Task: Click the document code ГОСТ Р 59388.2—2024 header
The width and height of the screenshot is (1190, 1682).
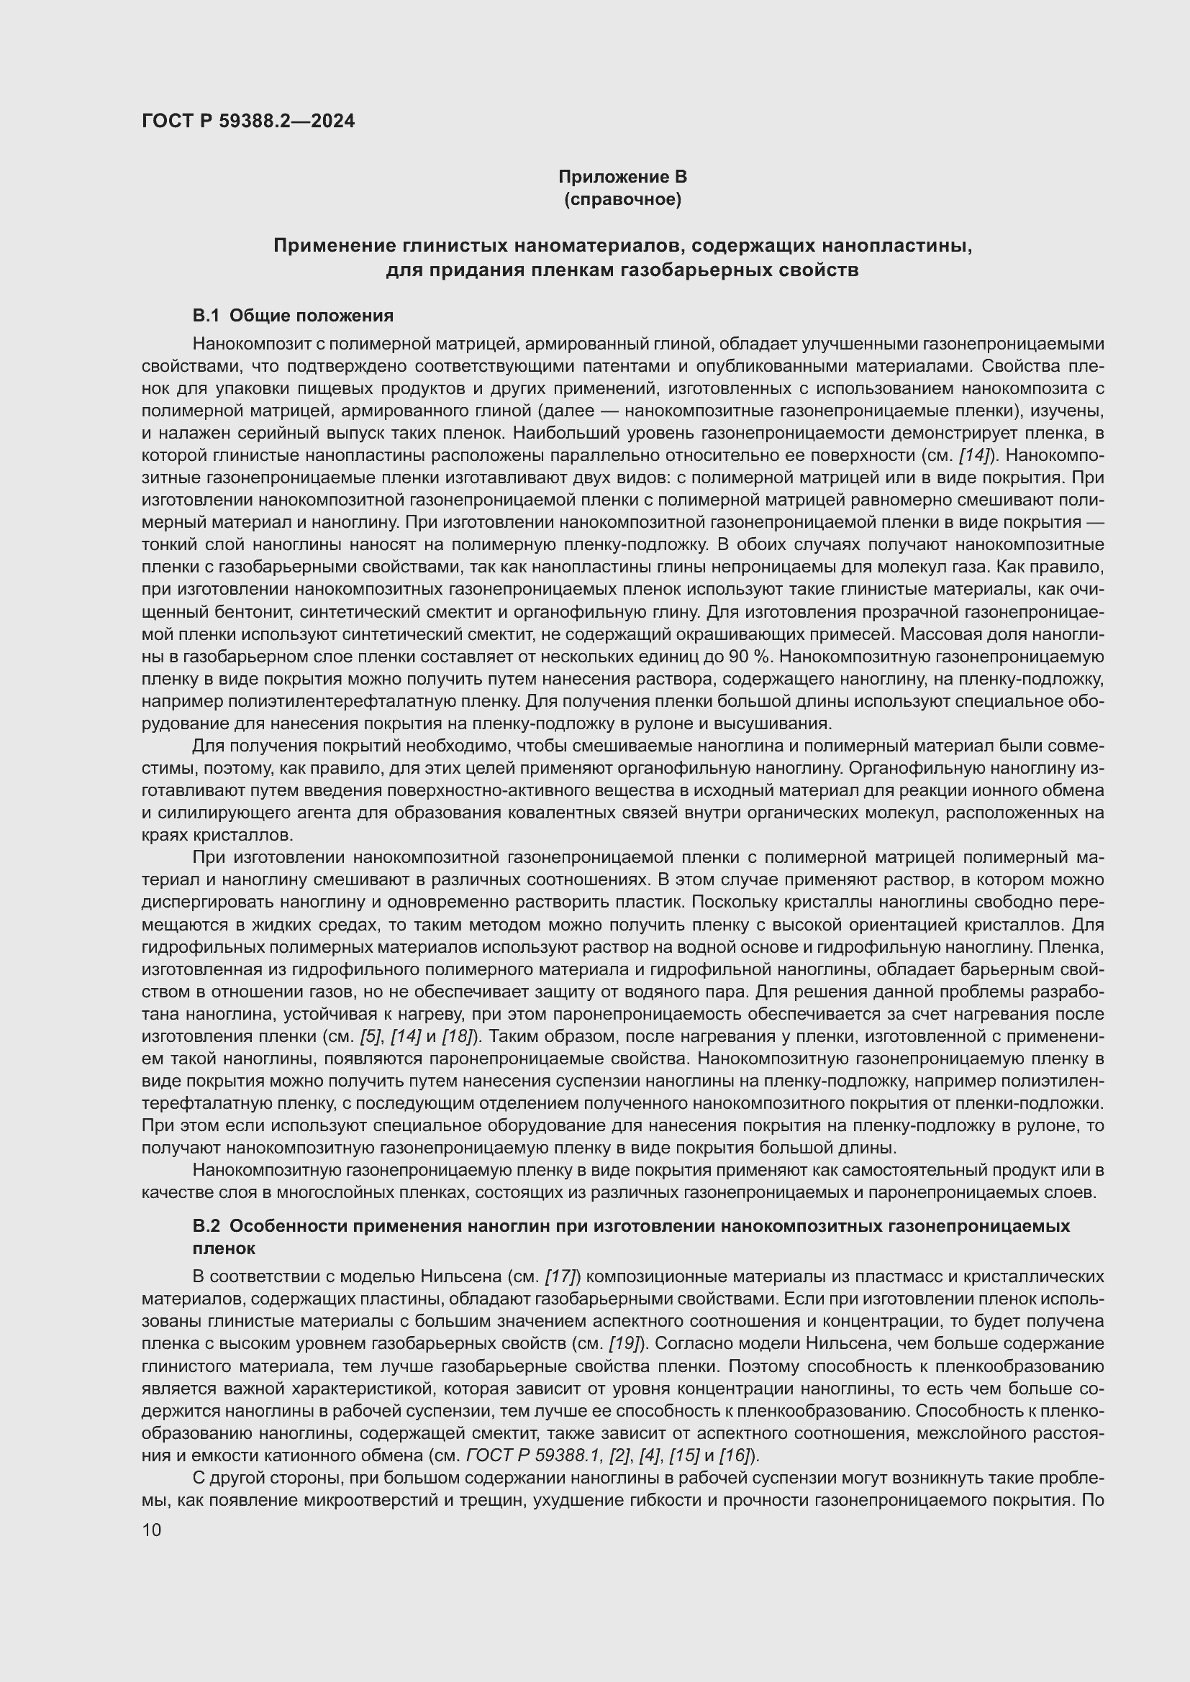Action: tap(247, 121)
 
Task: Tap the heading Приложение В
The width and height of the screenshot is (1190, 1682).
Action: tap(622, 177)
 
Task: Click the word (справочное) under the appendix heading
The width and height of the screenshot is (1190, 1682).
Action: tap(622, 199)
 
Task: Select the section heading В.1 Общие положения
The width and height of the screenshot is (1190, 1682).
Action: tap(292, 316)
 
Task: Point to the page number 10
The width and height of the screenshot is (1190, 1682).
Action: tap(152, 1530)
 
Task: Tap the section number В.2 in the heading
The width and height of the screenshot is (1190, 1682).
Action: tap(206, 1226)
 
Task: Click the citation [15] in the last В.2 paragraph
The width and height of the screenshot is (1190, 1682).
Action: tap(685, 1455)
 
